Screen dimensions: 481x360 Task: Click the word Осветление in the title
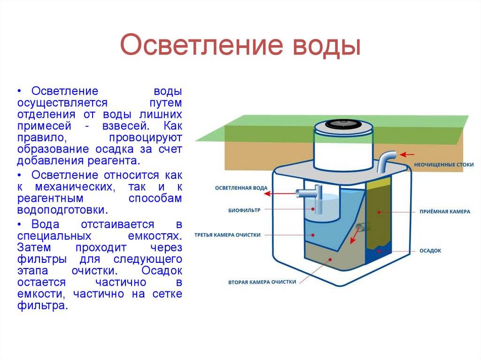(201, 45)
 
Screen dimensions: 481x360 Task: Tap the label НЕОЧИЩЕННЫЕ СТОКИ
(444, 165)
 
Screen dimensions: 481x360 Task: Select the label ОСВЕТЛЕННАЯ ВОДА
(241, 188)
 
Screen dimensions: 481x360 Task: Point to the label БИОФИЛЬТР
(244, 210)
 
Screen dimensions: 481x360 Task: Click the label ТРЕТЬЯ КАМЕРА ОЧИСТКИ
(227, 235)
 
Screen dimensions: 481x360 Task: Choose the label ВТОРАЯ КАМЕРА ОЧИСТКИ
(262, 282)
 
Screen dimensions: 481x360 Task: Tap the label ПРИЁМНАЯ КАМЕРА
(445, 212)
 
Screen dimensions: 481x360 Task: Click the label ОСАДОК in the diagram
(430, 251)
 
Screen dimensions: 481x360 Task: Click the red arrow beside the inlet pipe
(407, 154)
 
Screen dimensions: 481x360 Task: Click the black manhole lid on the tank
(343, 124)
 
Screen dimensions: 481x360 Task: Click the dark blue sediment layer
(379, 252)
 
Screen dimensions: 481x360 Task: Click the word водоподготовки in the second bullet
(62, 210)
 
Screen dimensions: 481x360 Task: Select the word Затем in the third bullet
(34, 247)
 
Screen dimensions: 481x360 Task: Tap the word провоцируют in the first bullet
(146, 138)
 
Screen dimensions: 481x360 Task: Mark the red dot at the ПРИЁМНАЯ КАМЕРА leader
(379, 212)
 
